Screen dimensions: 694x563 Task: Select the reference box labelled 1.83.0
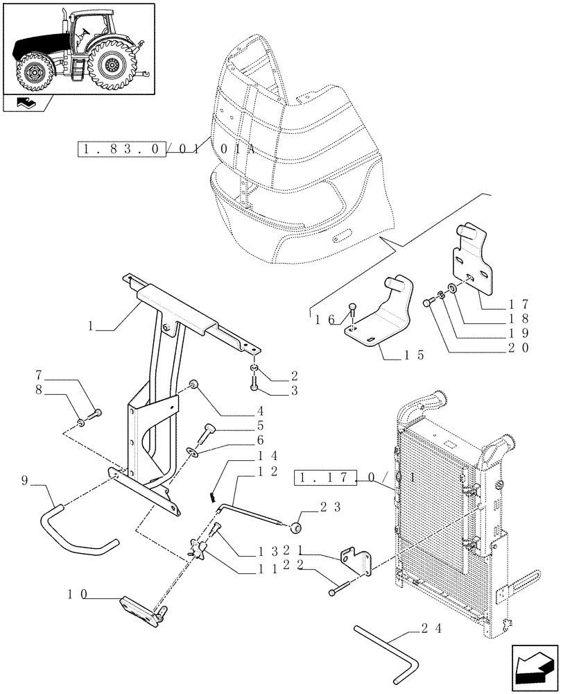pos(121,150)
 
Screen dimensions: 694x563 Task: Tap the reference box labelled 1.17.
pos(326,478)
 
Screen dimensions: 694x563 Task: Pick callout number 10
pos(78,594)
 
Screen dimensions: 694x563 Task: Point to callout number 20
pos(517,348)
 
